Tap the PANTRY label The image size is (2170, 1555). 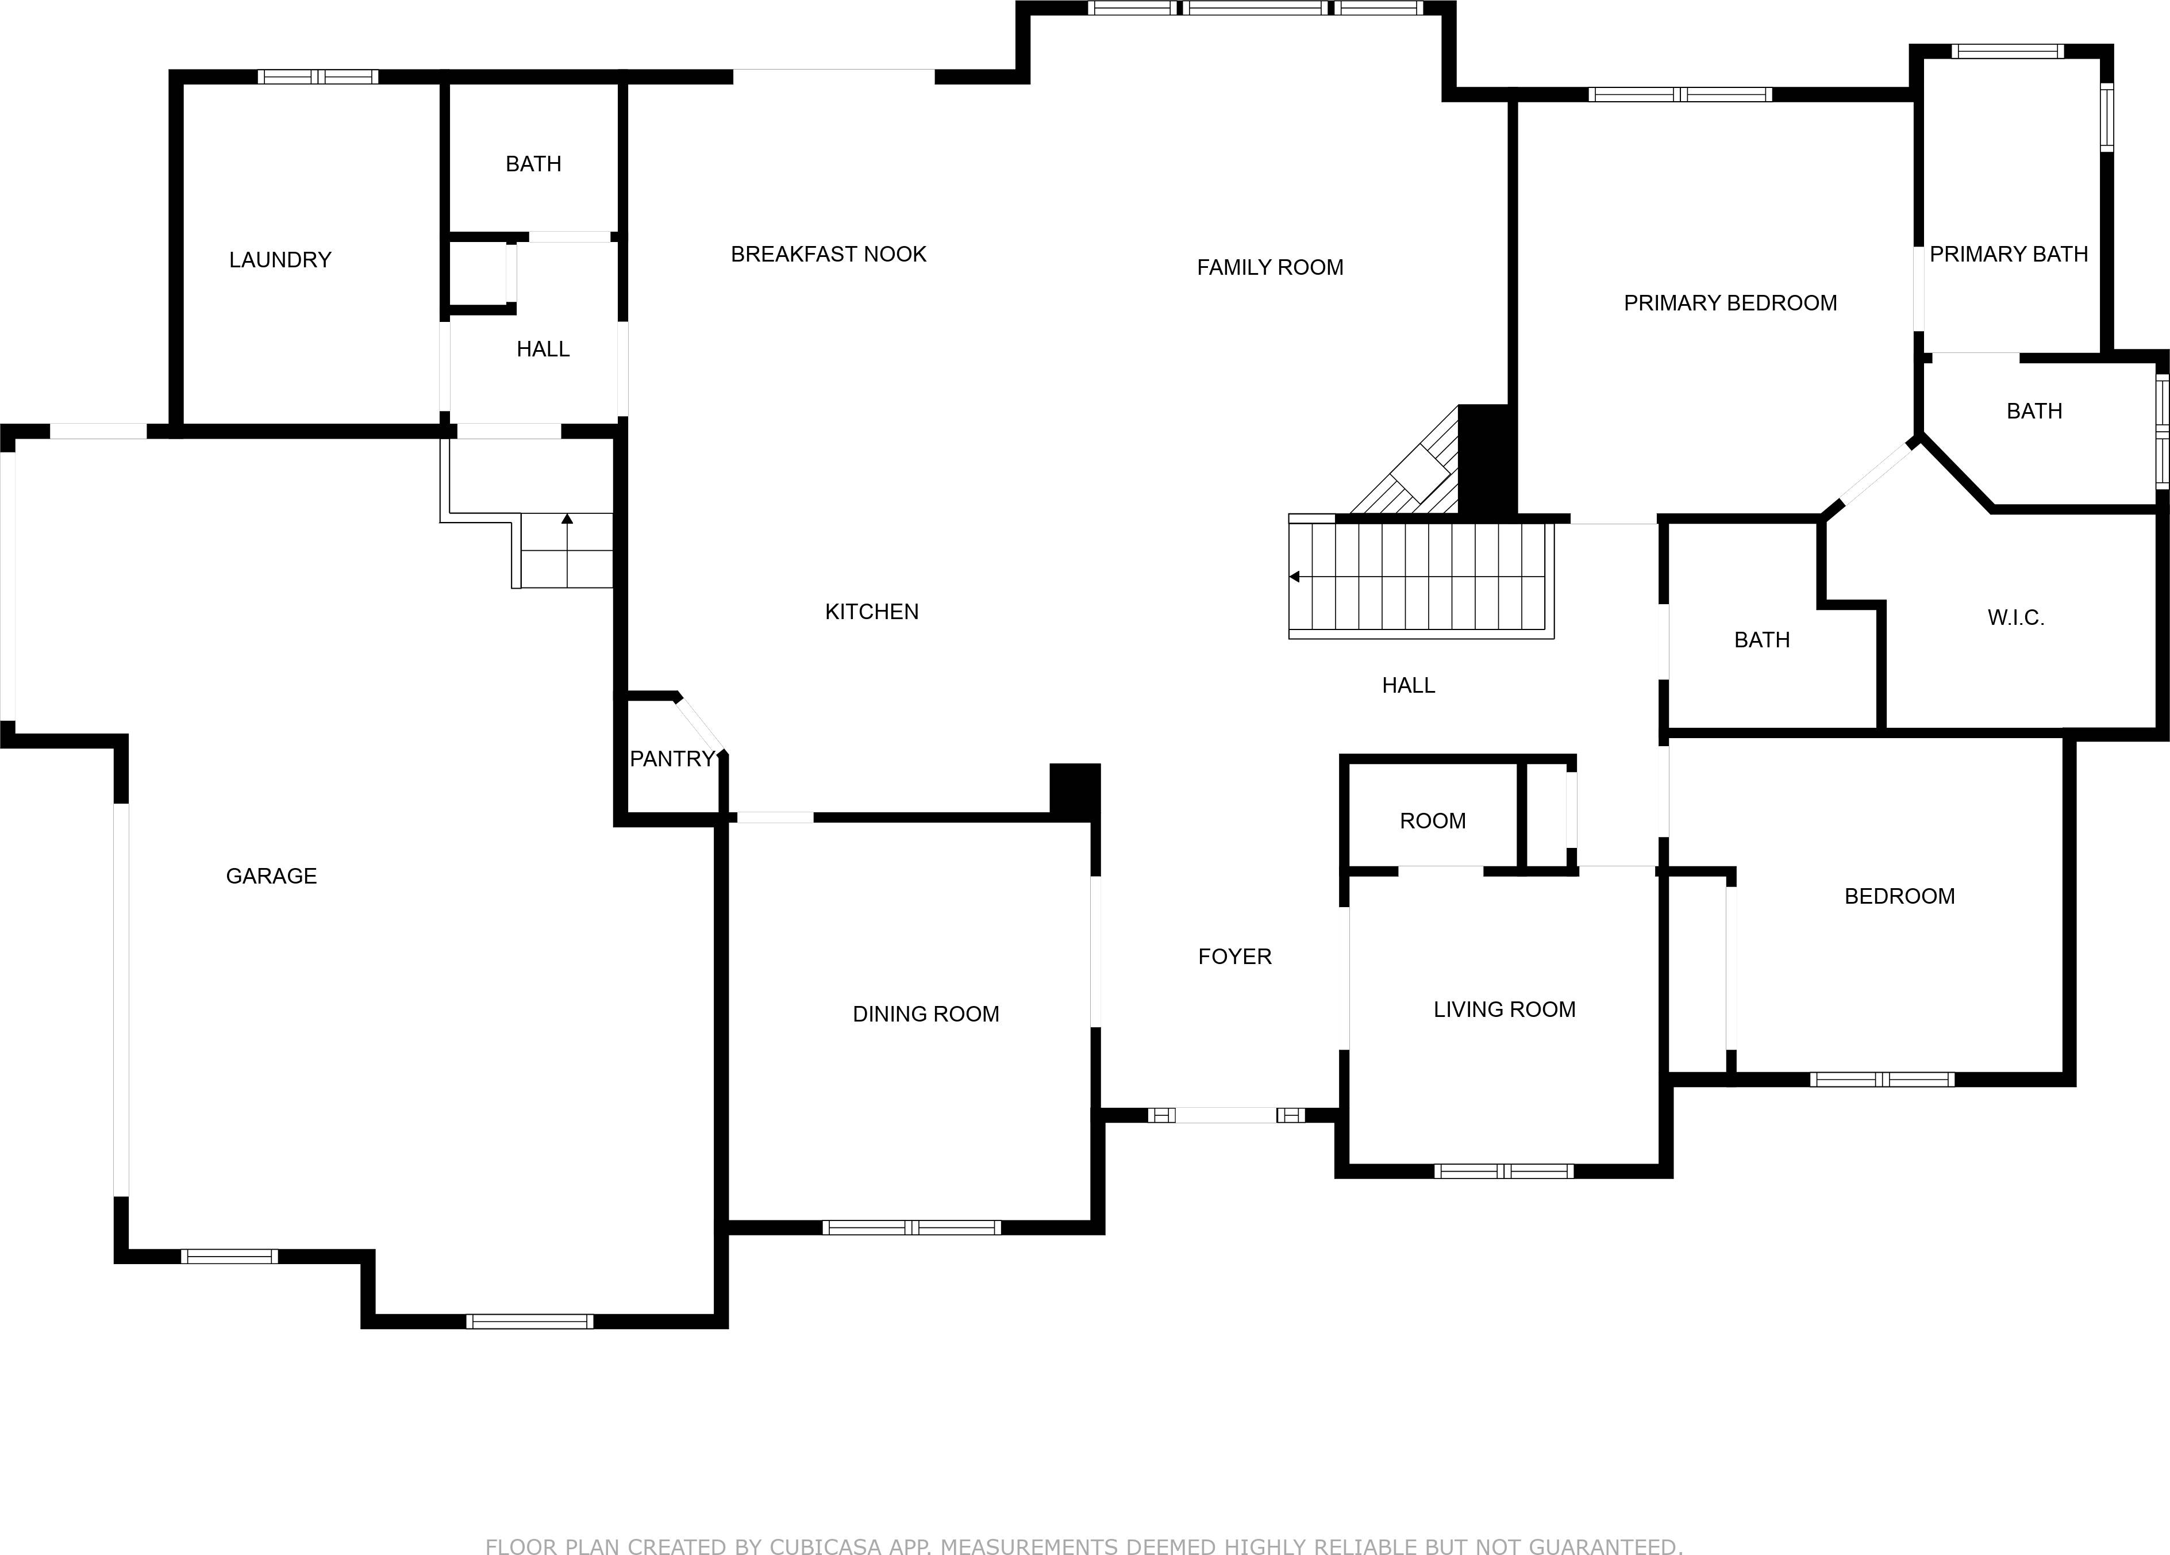[x=672, y=759]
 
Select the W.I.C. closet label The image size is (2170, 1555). [x=2015, y=617]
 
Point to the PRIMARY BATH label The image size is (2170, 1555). [x=2009, y=255]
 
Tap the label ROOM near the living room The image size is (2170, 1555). [x=1432, y=820]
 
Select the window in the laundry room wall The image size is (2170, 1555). [x=318, y=76]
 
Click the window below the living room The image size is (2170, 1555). [x=1503, y=1171]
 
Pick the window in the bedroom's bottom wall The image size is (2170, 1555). [x=1881, y=1080]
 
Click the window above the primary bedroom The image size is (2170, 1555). [x=1680, y=94]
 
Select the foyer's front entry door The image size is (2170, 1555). [x=1226, y=1115]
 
